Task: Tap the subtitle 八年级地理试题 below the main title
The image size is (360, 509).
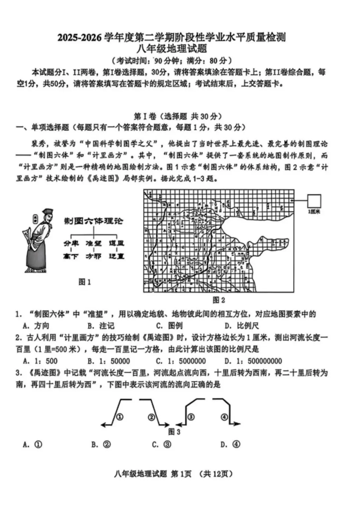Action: (x=172, y=49)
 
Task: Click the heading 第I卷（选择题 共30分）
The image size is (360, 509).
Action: (x=177, y=116)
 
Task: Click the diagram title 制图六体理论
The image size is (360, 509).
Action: (x=93, y=221)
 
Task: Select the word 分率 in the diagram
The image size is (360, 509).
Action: (x=71, y=243)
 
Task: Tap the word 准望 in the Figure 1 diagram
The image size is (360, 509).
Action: (x=93, y=243)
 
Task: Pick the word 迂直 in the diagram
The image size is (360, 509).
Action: (x=116, y=256)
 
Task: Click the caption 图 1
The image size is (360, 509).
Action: (x=85, y=282)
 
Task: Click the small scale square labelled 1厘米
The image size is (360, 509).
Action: (x=314, y=201)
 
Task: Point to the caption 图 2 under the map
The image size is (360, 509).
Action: (x=219, y=300)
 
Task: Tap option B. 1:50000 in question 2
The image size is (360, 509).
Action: (x=109, y=361)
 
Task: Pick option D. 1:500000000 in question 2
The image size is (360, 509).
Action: (x=253, y=361)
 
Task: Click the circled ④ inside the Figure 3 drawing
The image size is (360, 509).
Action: (x=224, y=417)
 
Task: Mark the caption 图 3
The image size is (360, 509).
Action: (x=174, y=432)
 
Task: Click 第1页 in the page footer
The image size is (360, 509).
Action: (x=181, y=474)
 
